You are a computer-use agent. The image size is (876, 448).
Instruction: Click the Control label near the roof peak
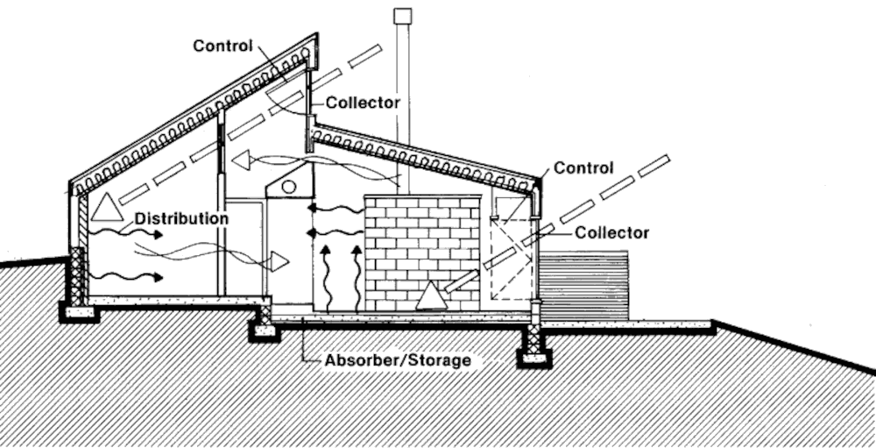(223, 46)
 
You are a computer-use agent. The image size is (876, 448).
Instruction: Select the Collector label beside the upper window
(363, 103)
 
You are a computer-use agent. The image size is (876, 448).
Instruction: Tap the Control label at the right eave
(583, 167)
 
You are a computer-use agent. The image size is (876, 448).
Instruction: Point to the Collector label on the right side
(612, 232)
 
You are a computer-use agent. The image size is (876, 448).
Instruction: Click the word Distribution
(182, 217)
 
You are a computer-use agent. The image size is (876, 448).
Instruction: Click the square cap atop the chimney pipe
(402, 15)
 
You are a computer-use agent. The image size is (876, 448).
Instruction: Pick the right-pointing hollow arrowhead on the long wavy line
(279, 260)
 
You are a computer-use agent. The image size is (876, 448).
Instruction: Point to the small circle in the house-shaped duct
(289, 186)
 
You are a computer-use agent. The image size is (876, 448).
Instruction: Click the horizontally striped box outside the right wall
(584, 284)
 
